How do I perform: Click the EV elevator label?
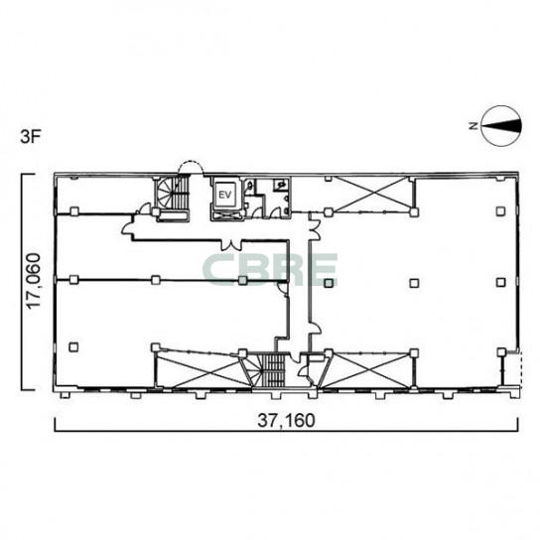225,195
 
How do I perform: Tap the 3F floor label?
31,137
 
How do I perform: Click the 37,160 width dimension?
286,420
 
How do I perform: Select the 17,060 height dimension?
34,281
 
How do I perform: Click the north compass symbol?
501,126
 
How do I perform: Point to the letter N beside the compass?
473,126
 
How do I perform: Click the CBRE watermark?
270,270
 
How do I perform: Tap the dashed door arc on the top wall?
191,168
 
